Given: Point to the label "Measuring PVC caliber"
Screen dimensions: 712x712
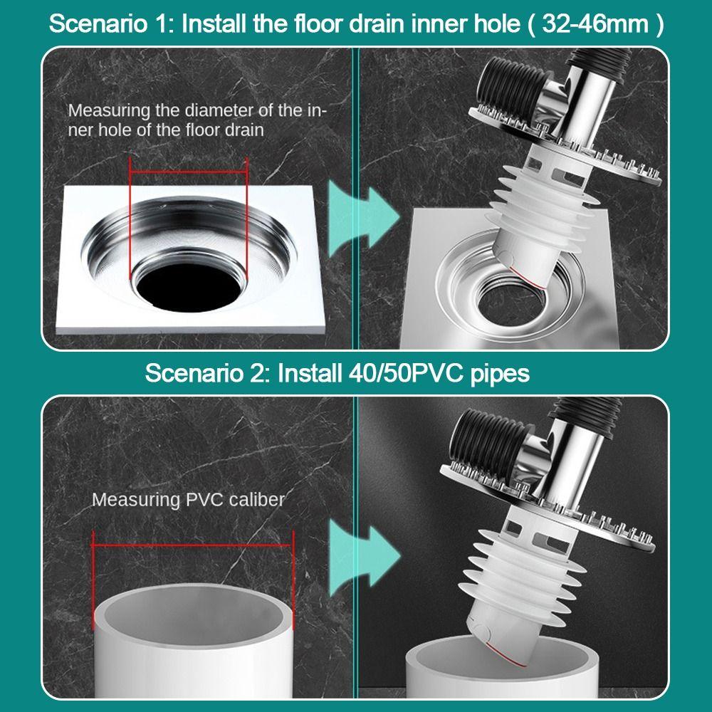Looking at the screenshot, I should pyautogui.click(x=188, y=499).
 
